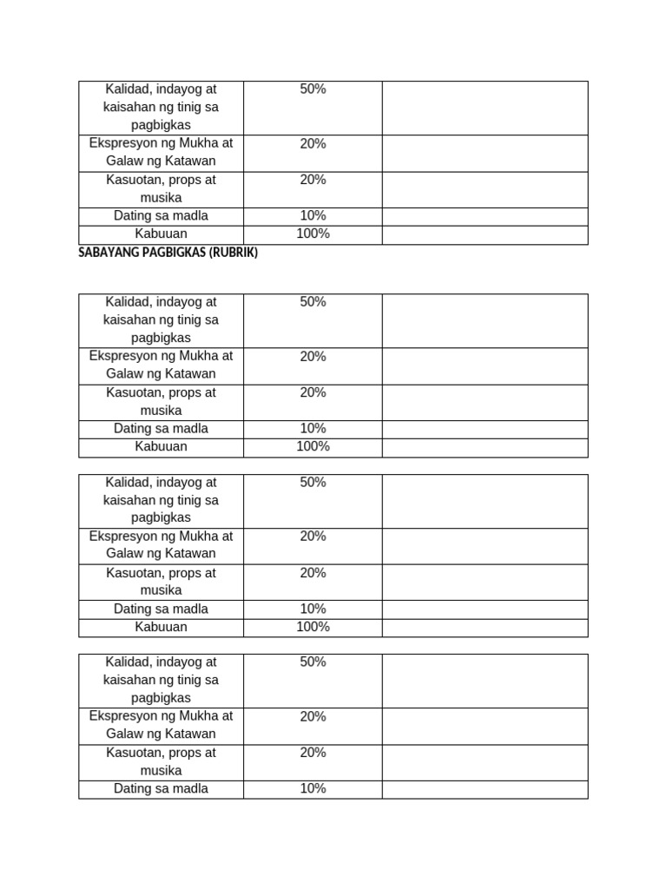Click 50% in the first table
tap(313, 89)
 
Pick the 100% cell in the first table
tap(313, 234)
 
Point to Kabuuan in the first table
tap(161, 234)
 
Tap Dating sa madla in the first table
tap(161, 216)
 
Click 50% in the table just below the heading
tap(313, 302)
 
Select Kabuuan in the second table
tap(161, 447)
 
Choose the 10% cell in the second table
tap(313, 429)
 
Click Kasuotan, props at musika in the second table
tap(161, 402)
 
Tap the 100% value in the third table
tap(313, 627)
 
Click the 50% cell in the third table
tap(313, 483)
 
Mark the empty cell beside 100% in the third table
tap(485, 627)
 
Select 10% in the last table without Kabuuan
tap(313, 789)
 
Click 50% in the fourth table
tap(313, 662)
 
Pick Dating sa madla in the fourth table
tap(161, 789)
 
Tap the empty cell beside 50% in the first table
tap(485, 108)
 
